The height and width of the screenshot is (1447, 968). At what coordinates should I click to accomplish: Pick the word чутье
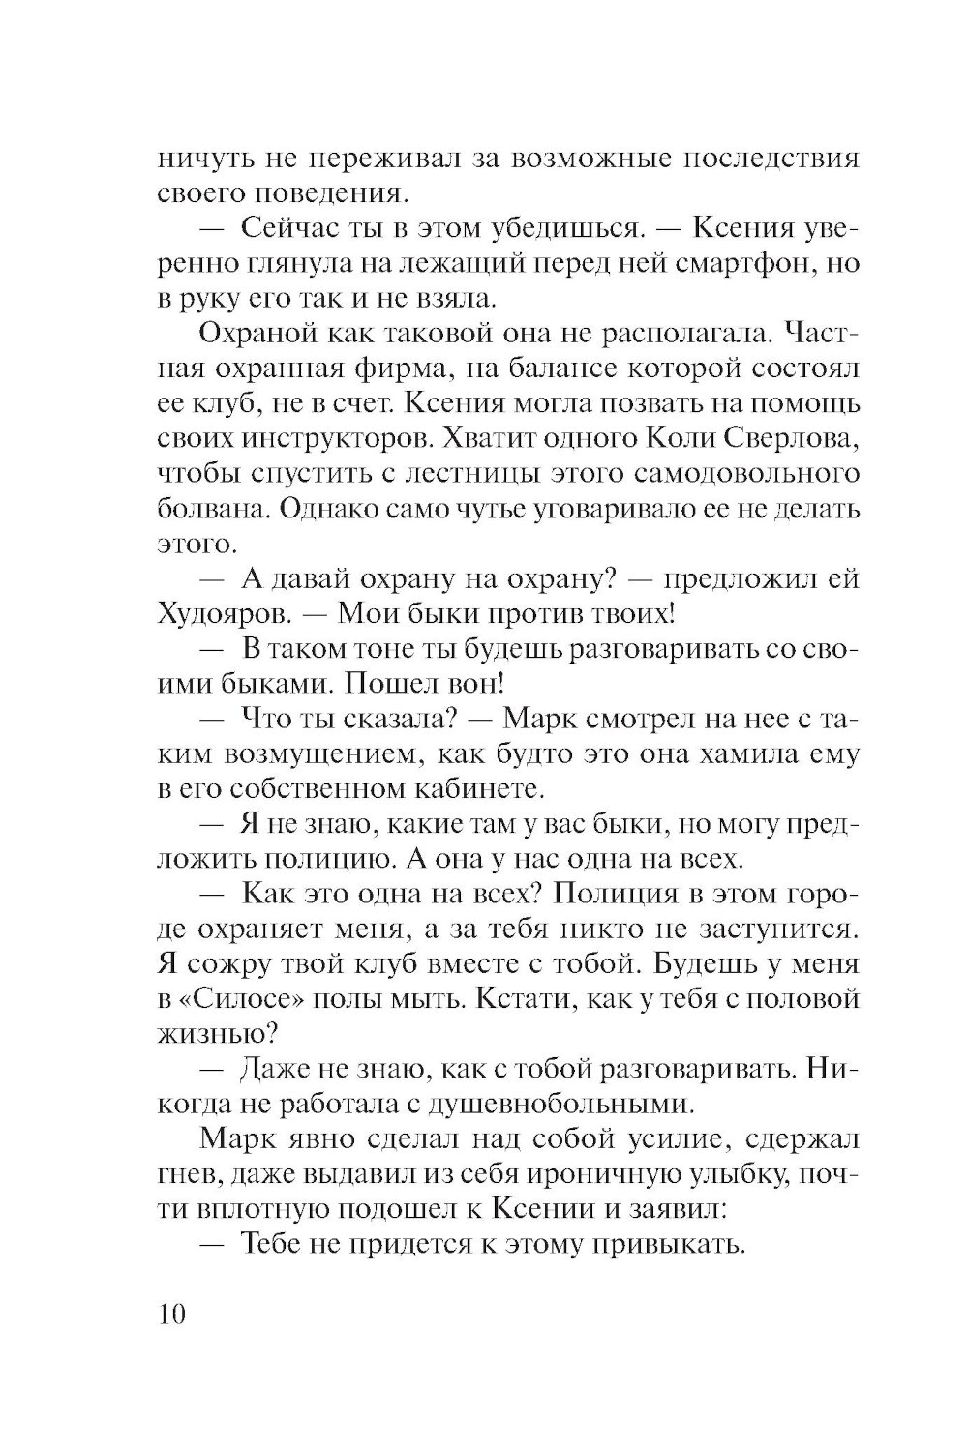[482, 508]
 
